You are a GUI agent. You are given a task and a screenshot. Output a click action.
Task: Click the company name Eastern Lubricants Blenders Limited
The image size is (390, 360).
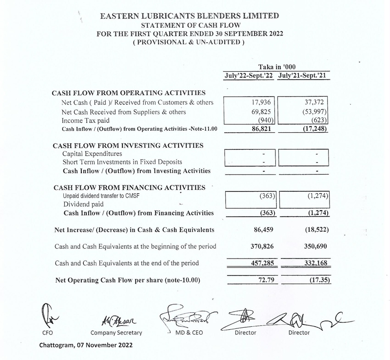point(189,16)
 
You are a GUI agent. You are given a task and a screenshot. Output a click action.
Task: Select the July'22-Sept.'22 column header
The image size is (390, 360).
point(249,76)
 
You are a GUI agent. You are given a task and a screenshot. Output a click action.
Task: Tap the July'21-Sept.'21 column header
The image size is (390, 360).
point(303,76)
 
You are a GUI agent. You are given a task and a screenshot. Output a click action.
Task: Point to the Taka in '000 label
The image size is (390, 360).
point(276,67)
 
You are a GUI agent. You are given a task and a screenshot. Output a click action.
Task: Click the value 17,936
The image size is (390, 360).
point(263,103)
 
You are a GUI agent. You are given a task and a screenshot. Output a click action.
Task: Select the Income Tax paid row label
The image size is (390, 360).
point(85,120)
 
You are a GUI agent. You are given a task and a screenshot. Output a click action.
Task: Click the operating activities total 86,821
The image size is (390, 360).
point(263,129)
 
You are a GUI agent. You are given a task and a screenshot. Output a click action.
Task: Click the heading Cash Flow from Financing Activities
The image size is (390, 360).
point(129,188)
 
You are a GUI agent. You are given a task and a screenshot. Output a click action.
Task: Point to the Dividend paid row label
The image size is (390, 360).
point(83,204)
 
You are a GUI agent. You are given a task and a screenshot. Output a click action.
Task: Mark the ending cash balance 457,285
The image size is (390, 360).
point(262,263)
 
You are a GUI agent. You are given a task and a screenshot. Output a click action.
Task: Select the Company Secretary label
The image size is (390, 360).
point(117,333)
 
